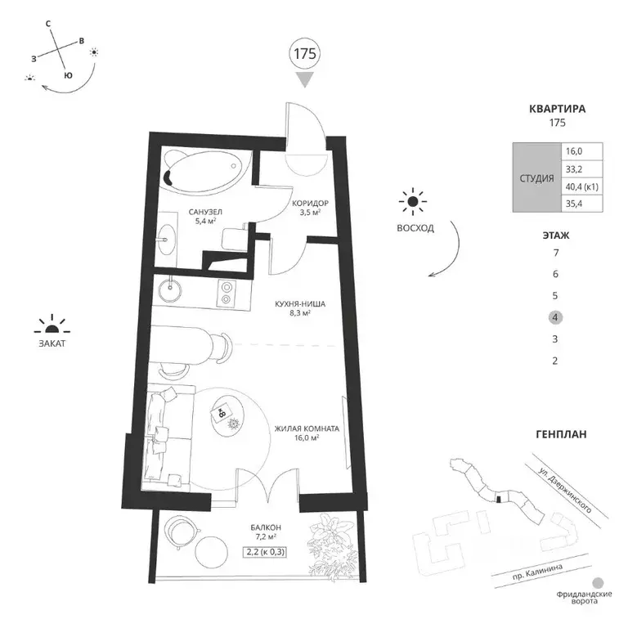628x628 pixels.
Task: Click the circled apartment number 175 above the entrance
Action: click(305, 54)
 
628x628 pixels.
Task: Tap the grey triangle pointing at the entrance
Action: click(305, 79)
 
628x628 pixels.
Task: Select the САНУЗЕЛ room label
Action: click(205, 212)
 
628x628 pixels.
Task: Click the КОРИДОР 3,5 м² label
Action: click(310, 208)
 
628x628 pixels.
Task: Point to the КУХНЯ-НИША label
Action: click(300, 304)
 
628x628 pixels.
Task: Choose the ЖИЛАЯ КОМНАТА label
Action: click(307, 428)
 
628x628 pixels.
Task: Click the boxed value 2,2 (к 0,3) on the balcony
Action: click(265, 552)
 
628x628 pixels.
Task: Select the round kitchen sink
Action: click(169, 290)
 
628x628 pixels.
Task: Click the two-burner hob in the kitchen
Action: click(227, 293)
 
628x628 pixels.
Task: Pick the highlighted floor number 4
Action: click(555, 317)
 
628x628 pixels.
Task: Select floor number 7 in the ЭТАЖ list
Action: click(555, 253)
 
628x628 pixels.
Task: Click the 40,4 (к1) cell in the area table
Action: click(582, 186)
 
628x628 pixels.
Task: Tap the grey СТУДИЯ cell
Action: click(536, 177)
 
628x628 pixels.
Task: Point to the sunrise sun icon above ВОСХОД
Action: click(412, 201)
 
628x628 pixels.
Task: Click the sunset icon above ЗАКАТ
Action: click(52, 325)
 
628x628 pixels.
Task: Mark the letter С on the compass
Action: click(48, 24)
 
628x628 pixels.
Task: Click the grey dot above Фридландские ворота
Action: click(598, 583)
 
